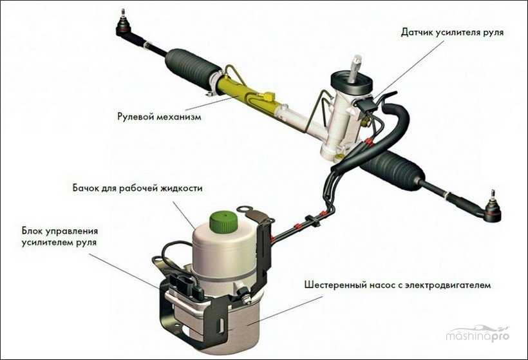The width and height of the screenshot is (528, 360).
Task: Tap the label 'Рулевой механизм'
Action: (159, 117)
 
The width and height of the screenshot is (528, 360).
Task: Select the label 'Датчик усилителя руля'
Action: (452, 32)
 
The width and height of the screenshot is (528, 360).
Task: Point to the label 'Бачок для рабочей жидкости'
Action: (137, 187)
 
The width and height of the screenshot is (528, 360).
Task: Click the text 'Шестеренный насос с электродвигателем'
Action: (397, 285)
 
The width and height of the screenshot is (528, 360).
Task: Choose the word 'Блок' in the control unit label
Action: (32, 231)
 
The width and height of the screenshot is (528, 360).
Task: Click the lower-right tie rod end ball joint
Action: (493, 209)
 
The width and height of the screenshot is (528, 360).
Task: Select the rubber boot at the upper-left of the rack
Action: (193, 67)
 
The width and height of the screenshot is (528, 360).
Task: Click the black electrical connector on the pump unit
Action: (185, 286)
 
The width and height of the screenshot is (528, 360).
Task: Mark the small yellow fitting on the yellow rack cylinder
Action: (268, 97)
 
